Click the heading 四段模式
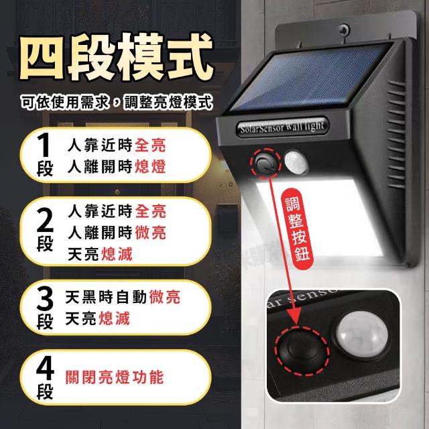click(116, 56)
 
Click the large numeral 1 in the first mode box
click(44, 145)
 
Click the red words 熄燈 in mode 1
click(150, 166)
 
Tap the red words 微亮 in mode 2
click(150, 233)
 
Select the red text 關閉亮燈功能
click(115, 377)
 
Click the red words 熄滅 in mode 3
click(114, 318)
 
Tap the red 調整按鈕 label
click(297, 229)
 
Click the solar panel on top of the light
click(310, 78)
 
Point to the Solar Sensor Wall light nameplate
click(282, 127)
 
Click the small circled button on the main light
click(265, 163)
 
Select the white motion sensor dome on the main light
click(296, 162)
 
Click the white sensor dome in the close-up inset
click(362, 334)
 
